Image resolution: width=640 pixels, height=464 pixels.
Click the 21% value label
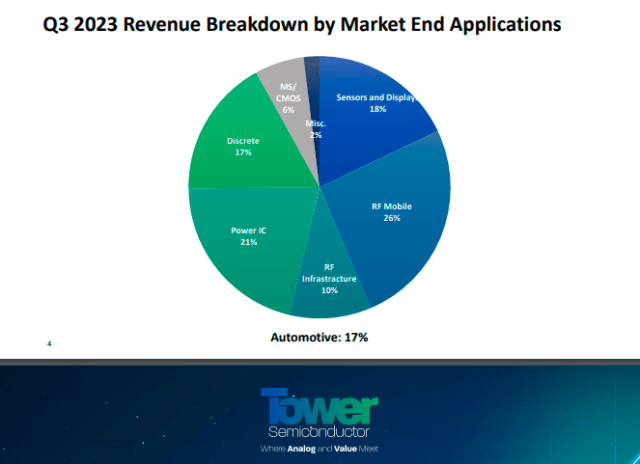[x=248, y=242]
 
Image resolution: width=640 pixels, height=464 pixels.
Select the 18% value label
[x=379, y=109]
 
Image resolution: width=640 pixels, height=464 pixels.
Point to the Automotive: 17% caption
[x=319, y=337]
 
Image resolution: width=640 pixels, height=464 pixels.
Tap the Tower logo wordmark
[x=320, y=406]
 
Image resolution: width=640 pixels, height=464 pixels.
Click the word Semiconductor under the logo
[x=320, y=432]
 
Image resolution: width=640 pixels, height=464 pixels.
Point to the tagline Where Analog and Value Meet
[x=320, y=449]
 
